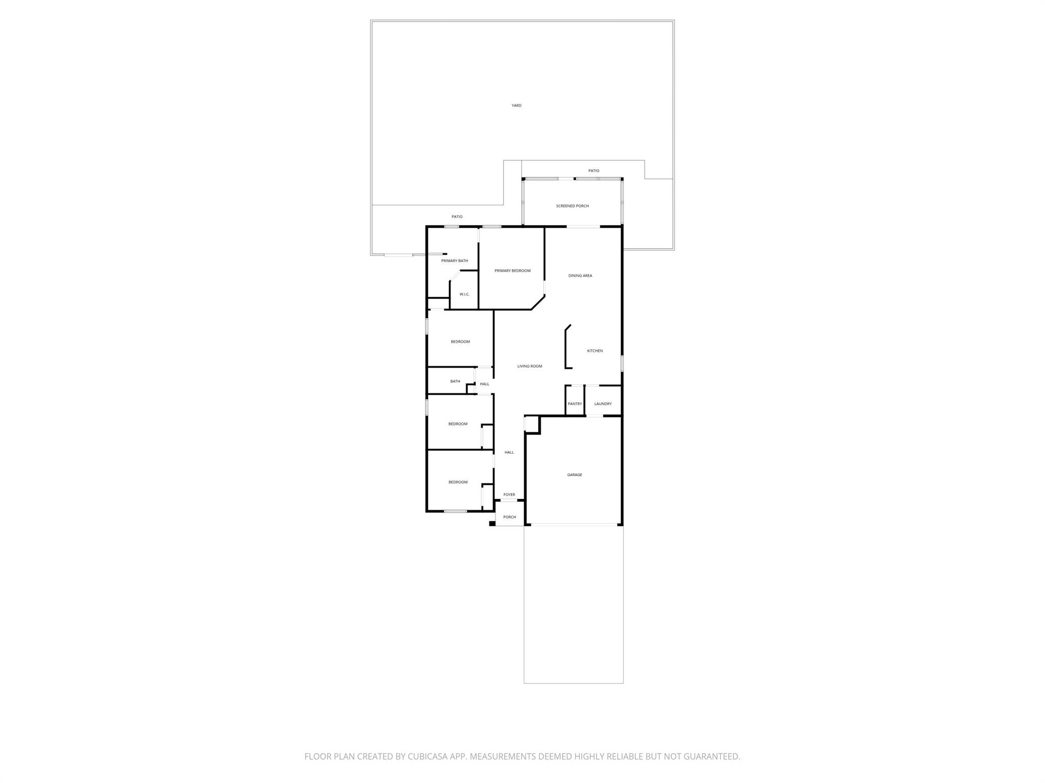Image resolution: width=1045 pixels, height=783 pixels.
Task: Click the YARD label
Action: click(x=516, y=106)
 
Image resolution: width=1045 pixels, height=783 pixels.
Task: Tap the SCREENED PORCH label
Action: click(x=573, y=206)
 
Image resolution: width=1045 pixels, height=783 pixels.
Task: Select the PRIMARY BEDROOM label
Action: click(x=512, y=271)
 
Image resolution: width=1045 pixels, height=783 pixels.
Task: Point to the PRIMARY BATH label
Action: click(x=455, y=261)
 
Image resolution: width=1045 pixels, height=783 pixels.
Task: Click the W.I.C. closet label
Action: click(x=464, y=294)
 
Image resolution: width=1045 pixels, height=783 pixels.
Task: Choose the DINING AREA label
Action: click(x=580, y=276)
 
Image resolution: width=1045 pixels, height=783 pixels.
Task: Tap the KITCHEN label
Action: click(x=595, y=351)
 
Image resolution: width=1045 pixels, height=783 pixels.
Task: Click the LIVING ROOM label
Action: click(x=530, y=366)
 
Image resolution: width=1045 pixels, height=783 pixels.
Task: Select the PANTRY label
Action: click(x=575, y=404)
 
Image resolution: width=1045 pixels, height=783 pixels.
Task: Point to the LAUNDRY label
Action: click(x=603, y=404)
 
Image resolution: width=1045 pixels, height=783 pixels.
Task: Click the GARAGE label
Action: click(x=575, y=475)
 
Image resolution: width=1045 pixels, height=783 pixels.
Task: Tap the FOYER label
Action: click(x=509, y=494)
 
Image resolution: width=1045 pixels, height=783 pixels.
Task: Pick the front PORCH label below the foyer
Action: click(x=510, y=517)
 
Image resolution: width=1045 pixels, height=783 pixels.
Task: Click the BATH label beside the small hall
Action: click(x=455, y=381)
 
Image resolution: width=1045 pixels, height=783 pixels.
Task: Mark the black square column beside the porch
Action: click(x=492, y=523)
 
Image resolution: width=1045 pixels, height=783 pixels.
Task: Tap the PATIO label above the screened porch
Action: click(x=593, y=171)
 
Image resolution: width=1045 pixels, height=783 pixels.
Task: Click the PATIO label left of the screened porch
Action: click(x=457, y=217)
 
